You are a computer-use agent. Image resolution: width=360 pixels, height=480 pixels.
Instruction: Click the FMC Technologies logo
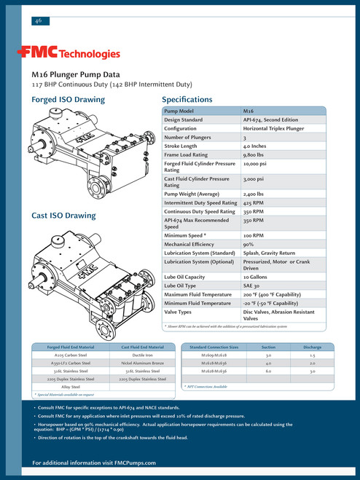(69, 53)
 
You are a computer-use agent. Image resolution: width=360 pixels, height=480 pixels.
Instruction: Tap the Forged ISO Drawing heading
(68, 100)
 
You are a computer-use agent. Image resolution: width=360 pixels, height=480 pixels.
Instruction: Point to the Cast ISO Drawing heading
(63, 216)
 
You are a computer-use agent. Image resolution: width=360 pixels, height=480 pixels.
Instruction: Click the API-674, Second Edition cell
(270, 119)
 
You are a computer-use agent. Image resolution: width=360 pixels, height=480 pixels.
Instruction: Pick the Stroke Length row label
(184, 146)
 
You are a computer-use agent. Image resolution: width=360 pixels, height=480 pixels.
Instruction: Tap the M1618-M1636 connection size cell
(216, 362)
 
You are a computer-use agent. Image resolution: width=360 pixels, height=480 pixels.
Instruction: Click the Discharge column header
(312, 347)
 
